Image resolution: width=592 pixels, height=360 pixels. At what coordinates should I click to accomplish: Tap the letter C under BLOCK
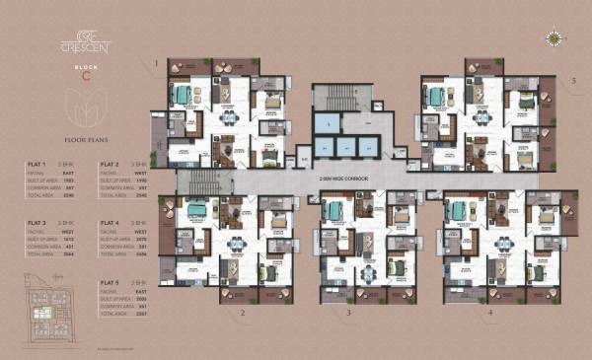pyautogui.click(x=87, y=76)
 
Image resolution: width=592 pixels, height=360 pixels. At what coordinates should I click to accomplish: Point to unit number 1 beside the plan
pyautogui.click(x=156, y=64)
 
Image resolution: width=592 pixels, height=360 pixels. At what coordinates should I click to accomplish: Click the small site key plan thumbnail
pyautogui.click(x=46, y=313)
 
